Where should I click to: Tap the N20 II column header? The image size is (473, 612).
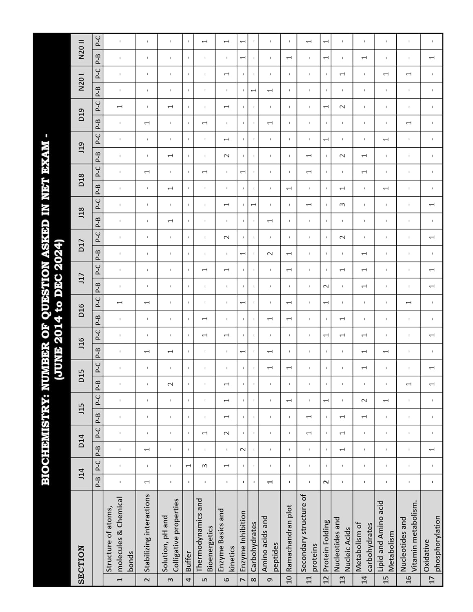click(81, 49)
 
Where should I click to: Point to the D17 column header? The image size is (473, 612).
click(81, 245)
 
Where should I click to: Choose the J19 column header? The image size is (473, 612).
click(81, 147)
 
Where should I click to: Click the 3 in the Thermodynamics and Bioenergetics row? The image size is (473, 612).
click(205, 465)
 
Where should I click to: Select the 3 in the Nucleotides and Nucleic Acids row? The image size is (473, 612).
click(343, 204)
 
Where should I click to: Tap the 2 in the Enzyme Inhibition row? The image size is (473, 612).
click(243, 449)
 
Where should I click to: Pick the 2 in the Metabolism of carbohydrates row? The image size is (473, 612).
click(364, 400)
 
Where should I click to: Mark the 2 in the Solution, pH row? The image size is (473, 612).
click(171, 384)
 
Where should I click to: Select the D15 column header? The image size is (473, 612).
click(81, 376)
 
